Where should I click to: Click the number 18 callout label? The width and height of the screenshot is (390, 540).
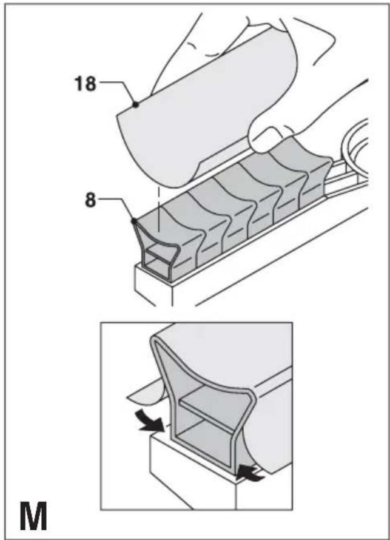(85, 84)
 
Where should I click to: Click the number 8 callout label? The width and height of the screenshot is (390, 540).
(90, 200)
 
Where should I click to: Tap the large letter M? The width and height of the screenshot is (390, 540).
(33, 516)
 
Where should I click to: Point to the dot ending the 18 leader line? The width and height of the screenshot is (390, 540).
(136, 104)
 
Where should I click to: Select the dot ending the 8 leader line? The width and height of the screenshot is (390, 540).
(134, 220)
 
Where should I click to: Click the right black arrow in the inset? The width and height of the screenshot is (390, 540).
(250, 473)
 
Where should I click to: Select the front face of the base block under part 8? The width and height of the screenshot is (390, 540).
(152, 285)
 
